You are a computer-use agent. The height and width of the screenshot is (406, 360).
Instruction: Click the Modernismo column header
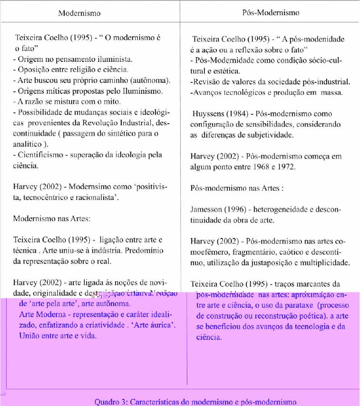79,13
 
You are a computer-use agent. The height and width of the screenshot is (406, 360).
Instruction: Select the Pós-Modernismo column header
268,13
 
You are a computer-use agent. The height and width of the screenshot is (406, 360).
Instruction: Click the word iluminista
116,59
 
